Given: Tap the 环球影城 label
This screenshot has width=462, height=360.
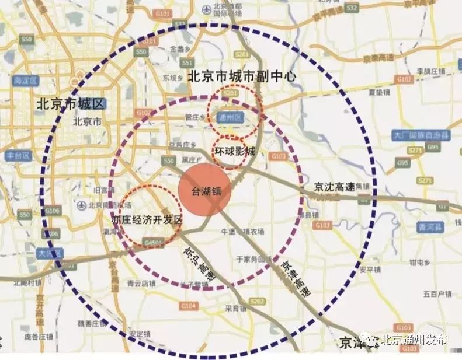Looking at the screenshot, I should [234, 151].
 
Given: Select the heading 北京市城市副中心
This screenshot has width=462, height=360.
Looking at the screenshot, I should [242, 76].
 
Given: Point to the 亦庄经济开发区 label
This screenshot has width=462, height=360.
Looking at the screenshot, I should [148, 220].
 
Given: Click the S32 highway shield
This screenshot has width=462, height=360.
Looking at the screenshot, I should [351, 8].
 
